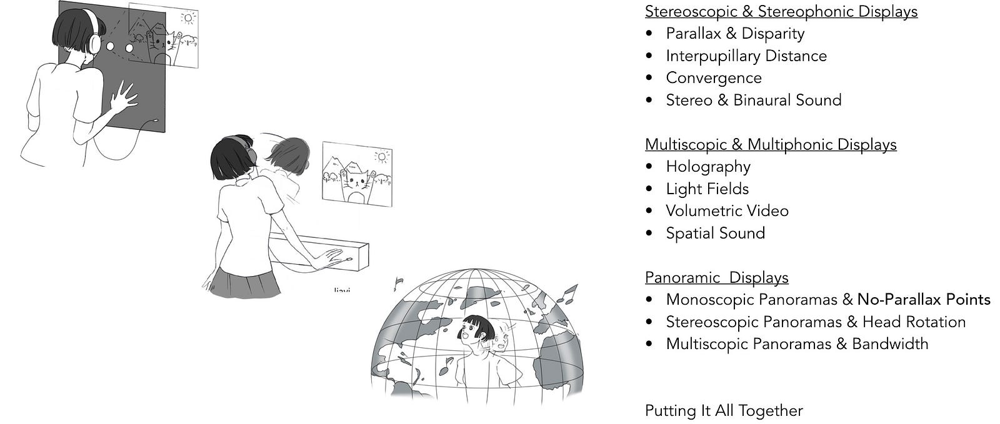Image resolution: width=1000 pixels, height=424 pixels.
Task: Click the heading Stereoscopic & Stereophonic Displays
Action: point(781,11)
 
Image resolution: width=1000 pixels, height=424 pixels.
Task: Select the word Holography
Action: point(707,167)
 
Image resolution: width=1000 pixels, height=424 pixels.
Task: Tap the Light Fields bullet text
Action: point(707,189)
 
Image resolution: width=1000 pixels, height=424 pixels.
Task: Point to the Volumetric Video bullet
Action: point(727,211)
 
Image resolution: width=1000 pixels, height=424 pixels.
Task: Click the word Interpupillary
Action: point(712,56)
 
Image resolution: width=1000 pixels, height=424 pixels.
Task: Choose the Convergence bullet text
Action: point(713,78)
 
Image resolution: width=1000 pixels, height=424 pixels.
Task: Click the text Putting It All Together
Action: point(723,411)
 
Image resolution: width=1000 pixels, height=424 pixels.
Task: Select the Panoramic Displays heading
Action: point(716,277)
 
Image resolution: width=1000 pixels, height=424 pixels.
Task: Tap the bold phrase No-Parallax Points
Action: point(924,300)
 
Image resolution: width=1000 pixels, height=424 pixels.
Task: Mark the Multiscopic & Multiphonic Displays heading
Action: point(770,144)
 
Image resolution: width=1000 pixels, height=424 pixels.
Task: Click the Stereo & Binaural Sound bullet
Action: point(753,100)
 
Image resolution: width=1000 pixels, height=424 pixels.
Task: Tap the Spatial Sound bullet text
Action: point(715,234)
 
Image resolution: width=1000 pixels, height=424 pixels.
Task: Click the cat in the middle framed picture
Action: point(357,184)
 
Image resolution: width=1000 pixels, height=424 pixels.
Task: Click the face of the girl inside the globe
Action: point(474,331)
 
